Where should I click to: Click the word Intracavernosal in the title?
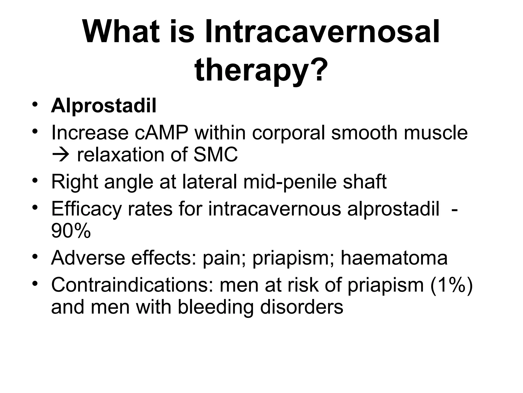click(322, 32)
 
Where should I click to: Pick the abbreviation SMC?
click(216, 155)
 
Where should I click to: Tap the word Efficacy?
click(86, 209)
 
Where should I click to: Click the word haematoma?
click(394, 258)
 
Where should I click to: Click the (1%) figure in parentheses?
click(451, 285)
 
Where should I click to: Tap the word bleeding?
click(216, 307)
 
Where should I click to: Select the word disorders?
click(302, 307)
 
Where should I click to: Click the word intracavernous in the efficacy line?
click(275, 209)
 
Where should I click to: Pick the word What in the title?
click(121, 32)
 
